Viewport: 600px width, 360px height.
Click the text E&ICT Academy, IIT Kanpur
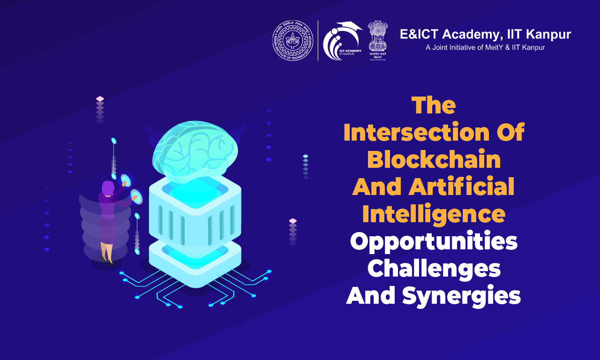tap(485, 34)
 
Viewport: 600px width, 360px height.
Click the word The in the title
tap(434, 106)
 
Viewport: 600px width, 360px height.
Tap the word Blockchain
tap(434, 160)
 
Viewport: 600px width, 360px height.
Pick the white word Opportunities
tap(434, 242)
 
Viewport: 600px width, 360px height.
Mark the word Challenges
tap(434, 269)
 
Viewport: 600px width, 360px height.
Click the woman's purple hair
tap(108, 188)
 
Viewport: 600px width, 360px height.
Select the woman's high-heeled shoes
tap(106, 259)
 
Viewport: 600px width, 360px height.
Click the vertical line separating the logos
tap(318, 40)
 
